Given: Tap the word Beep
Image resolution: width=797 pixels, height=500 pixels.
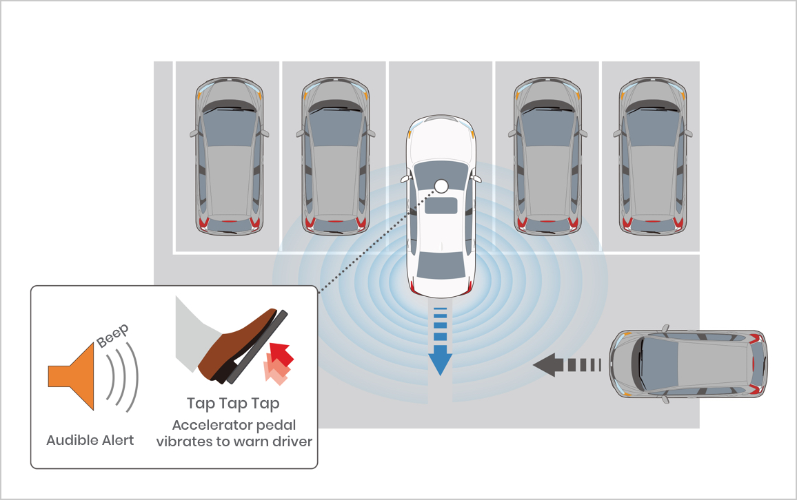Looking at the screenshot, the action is coord(113,336).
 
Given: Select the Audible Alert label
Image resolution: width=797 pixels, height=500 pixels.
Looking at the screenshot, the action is coord(90,440).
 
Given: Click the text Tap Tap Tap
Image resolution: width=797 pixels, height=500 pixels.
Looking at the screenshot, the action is coord(233,404).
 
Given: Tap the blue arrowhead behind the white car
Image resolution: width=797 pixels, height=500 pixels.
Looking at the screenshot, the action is coord(440,360).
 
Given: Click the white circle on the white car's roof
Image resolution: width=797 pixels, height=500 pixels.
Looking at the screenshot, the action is coord(441,186).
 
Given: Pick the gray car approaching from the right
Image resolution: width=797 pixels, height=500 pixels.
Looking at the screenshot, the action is coord(688,365).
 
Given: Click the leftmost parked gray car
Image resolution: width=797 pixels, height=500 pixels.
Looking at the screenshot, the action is coord(229,156).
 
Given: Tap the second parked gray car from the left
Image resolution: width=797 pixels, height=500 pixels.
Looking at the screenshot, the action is coord(336,156).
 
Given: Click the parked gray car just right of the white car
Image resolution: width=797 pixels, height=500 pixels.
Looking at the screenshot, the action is coord(547,156).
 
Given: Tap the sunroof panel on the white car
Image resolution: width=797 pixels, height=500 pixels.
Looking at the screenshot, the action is coord(441,205).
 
